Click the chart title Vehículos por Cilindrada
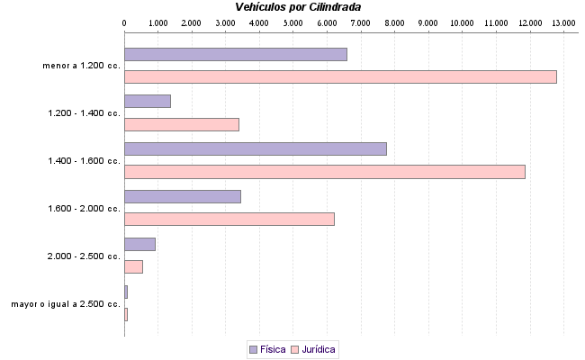(298, 6)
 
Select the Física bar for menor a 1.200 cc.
(235, 54)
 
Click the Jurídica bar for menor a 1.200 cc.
(340, 76)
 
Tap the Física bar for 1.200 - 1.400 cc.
(147, 101)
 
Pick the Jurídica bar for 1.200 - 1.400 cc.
(181, 124)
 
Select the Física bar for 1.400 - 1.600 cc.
(255, 148)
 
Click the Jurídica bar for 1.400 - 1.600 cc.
(324, 172)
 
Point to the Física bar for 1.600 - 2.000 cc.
(182, 196)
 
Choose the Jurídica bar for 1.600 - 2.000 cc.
(229, 219)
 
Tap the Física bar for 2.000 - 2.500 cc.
(139, 244)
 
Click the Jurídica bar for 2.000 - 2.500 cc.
(133, 266)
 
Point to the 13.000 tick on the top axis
(563, 22)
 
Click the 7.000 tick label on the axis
(360, 22)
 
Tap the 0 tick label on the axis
(124, 22)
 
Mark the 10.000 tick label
(462, 22)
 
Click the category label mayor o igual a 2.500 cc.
(66, 304)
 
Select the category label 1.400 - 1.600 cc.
(85, 161)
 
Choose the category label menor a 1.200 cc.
(81, 66)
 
